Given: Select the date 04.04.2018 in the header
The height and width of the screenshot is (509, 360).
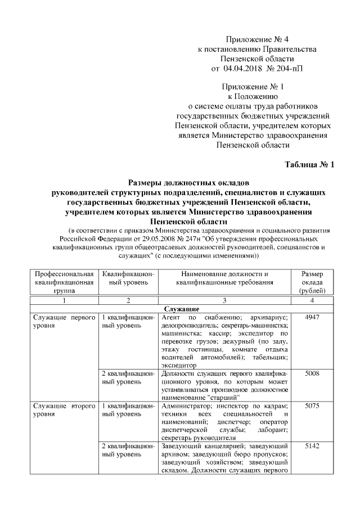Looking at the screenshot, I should (x=243, y=69).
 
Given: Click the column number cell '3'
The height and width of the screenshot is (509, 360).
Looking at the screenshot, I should (x=224, y=300).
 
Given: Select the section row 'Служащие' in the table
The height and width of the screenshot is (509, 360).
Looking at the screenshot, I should (x=180, y=309).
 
